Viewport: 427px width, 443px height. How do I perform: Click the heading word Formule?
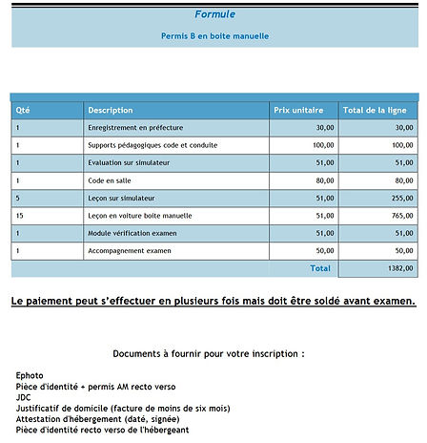[214, 14]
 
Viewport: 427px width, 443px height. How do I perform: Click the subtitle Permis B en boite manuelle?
[214, 36]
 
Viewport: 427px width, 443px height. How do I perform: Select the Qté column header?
[24, 110]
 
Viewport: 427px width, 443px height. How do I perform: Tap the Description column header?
[111, 110]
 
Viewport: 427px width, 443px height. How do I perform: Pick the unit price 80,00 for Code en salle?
[324, 180]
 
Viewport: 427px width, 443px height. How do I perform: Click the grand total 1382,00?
[400, 270]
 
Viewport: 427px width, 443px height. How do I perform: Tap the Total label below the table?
[320, 269]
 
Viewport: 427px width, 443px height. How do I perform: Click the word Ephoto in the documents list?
[30, 375]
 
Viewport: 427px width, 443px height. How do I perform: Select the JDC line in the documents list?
[25, 396]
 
